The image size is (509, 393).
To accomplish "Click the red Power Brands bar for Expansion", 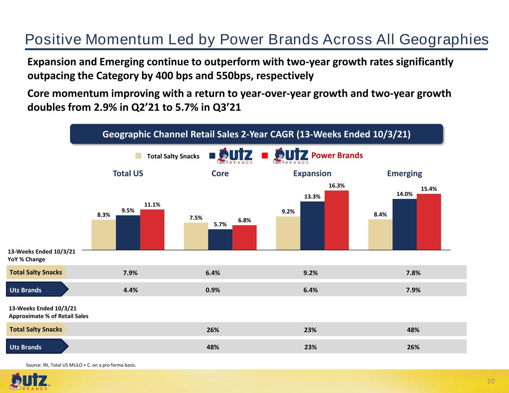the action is point(337,220).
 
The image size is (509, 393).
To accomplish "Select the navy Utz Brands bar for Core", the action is point(220,240).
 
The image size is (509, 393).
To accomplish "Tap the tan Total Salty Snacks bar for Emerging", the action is point(380,235).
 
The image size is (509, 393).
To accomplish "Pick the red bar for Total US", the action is point(152,229).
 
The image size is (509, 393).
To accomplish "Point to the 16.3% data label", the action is point(337,186).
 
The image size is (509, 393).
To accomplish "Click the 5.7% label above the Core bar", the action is point(220,225).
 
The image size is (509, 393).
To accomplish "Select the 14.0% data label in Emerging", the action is point(405,194).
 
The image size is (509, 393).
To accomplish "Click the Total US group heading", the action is point(128,173).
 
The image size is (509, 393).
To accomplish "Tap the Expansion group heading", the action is point(312,174).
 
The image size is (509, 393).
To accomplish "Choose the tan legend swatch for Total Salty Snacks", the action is point(138,156).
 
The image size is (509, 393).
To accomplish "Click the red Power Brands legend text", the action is point(337,155).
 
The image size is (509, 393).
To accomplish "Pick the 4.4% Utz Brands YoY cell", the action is point(131,290).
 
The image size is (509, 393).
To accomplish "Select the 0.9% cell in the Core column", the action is point(213,290).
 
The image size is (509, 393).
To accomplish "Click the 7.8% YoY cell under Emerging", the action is point(413,273).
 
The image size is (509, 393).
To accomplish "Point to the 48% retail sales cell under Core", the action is point(213,347).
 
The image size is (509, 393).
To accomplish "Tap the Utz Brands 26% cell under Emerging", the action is point(413,347).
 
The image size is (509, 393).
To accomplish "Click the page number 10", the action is point(491,381).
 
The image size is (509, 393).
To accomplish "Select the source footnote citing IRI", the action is point(81,365).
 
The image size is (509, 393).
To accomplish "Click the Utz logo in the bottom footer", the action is point(29,382).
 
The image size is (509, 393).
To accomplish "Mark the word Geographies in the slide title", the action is point(444,39).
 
